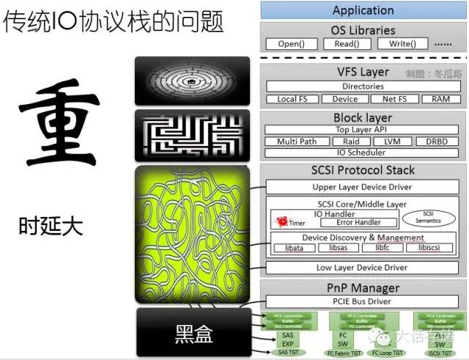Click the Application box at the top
pyautogui.click(x=363, y=10)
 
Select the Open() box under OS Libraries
pyautogui.click(x=291, y=44)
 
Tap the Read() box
pyautogui.click(x=347, y=44)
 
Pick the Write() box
pyautogui.click(x=402, y=44)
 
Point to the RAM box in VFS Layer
pyautogui.click(x=441, y=99)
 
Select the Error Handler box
pyautogui.click(x=358, y=222)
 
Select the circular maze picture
pyautogui.click(x=192, y=81)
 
